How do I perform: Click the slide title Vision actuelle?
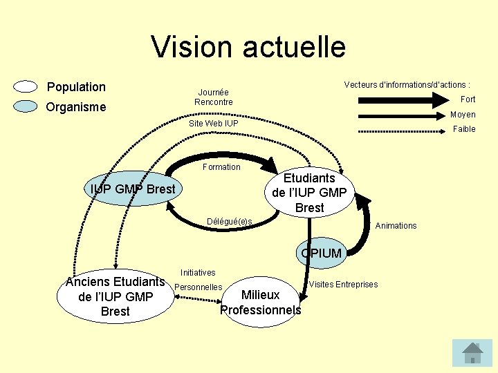[248, 47]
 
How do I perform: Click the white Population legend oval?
[26, 86]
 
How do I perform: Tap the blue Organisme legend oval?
[26, 106]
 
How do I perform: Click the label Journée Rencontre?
[213, 97]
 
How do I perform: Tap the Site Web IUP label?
[213, 124]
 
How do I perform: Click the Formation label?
[221, 167]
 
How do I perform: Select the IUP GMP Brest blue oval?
[133, 189]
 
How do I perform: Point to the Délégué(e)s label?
[230, 221]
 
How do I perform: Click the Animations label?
[396, 226]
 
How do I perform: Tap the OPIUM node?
[321, 254]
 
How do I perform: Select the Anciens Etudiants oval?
[115, 296]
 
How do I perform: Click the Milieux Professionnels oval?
[260, 303]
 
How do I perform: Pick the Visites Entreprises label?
[343, 285]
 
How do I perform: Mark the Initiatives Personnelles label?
[198, 280]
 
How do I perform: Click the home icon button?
[472, 352]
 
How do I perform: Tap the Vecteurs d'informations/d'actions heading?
[407, 85]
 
